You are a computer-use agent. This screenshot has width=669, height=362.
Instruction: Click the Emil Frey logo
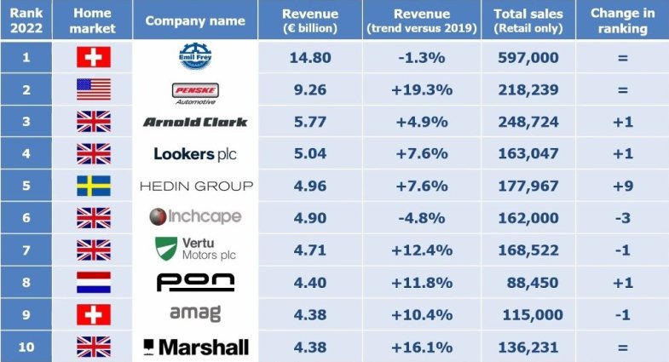[x=195, y=58]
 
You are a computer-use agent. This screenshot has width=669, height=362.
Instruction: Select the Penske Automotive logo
[x=195, y=90]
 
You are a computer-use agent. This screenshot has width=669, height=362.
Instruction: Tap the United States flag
[x=93, y=90]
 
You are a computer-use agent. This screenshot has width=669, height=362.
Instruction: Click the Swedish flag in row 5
[x=93, y=186]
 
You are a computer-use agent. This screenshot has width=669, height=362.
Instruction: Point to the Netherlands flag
[x=93, y=282]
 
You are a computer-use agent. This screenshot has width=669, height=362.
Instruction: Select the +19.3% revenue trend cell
[x=421, y=90]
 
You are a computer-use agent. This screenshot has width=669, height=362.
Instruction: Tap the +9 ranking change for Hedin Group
[x=622, y=186]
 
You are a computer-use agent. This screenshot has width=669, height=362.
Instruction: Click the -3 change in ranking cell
[x=622, y=218]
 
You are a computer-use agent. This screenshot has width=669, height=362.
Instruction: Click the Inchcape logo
[x=195, y=217]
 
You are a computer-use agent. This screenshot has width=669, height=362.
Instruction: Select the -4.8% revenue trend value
[x=421, y=218]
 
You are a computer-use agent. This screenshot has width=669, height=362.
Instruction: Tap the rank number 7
[x=26, y=250]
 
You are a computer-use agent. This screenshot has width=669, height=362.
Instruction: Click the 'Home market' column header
[x=93, y=20]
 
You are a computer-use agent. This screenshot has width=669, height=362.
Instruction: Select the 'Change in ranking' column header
[x=622, y=20]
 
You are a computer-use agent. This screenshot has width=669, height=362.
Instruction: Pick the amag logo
[x=195, y=313]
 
